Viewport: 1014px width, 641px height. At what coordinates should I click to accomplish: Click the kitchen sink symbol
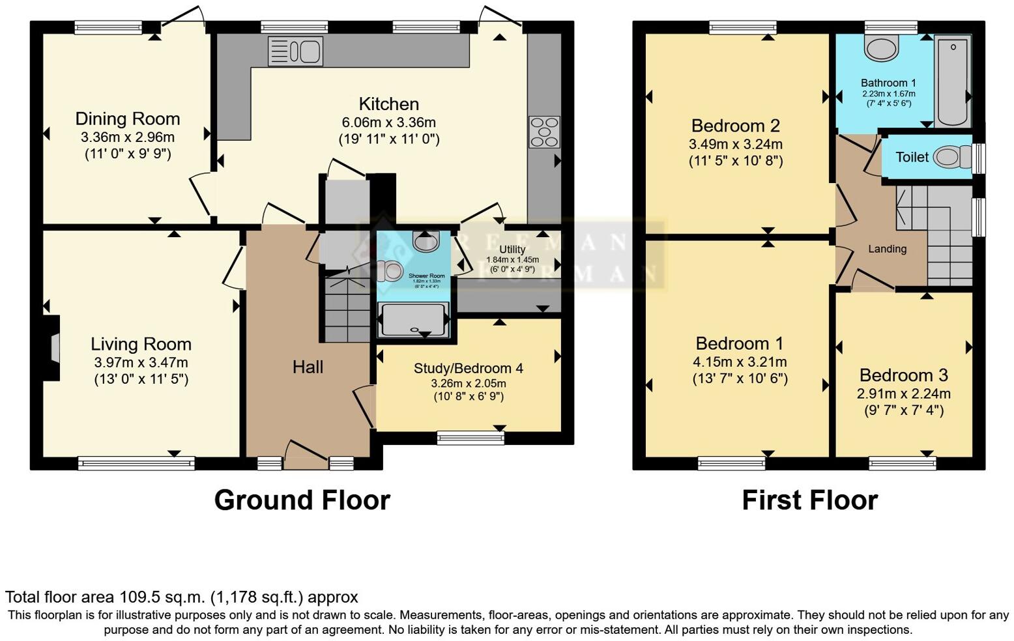295,51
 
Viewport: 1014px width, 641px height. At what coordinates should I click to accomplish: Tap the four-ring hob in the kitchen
543,132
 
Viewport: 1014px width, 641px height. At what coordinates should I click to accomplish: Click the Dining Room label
128,119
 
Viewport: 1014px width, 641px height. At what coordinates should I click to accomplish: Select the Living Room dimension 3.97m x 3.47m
141,362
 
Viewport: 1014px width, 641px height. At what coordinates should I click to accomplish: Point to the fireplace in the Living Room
54,347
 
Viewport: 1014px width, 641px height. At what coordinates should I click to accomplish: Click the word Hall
308,367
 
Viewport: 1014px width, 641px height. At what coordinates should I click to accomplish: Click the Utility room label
512,249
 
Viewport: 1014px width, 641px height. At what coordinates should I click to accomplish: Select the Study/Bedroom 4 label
468,369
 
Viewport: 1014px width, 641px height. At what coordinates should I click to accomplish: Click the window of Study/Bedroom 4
471,438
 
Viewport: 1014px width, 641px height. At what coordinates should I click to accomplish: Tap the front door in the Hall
306,455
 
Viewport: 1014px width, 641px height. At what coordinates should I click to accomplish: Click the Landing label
887,249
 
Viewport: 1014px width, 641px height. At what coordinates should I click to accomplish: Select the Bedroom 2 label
736,126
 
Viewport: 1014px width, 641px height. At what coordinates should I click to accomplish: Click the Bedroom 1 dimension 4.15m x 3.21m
740,362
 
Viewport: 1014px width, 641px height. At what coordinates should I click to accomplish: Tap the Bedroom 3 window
903,463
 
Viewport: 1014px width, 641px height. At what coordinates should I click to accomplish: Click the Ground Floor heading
302,500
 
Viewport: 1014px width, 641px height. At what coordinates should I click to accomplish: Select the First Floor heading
809,500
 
